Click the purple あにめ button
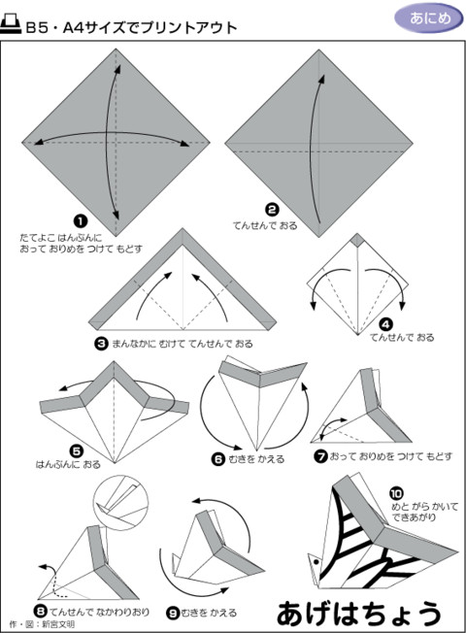point(424,18)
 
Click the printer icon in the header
point(15,27)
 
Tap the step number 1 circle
point(81,221)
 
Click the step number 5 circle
point(76,451)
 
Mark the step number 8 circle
point(39,610)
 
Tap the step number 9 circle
point(172,613)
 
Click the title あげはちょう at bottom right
point(358,612)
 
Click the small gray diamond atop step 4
point(357,238)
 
